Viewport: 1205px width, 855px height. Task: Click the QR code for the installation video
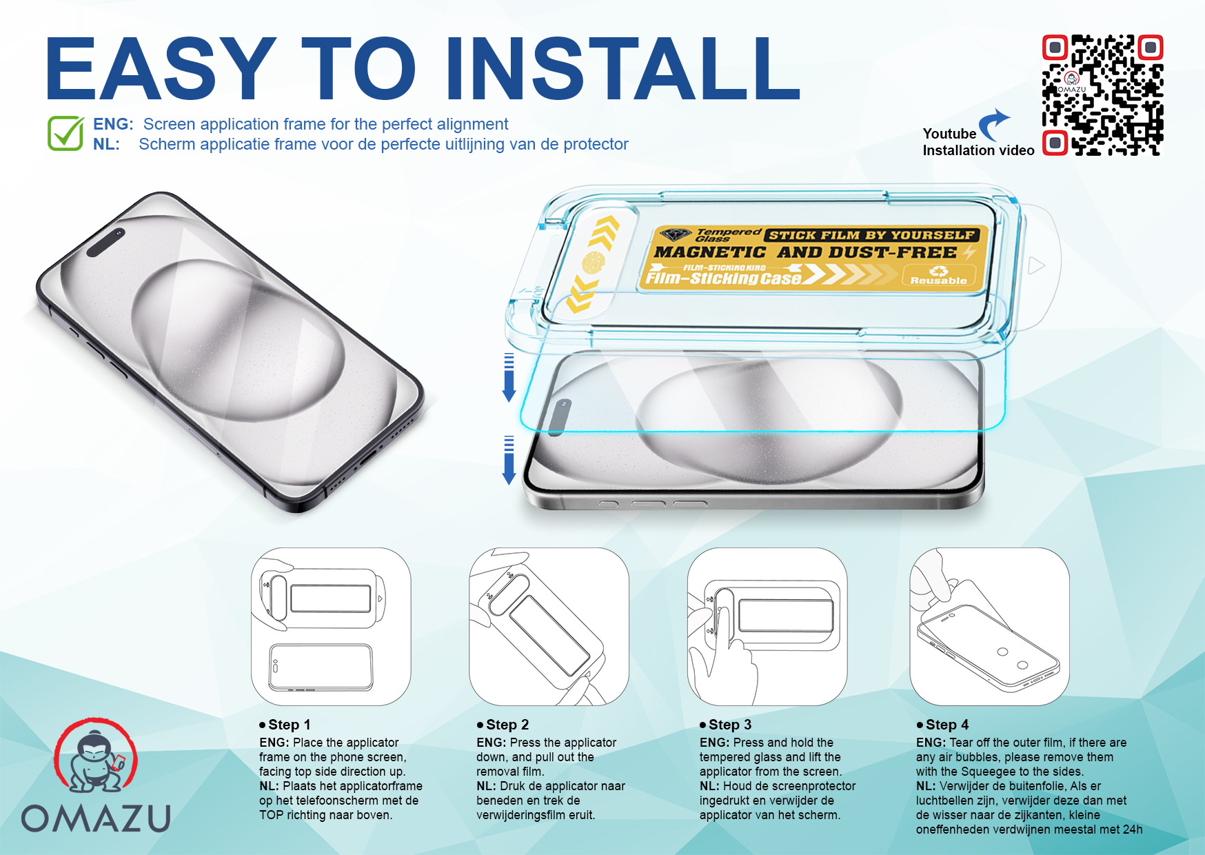point(1102,95)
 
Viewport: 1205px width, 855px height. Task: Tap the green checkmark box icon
point(66,132)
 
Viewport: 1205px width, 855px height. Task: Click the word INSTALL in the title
point(622,68)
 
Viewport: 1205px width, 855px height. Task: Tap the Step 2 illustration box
point(549,626)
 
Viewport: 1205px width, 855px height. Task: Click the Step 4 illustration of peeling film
point(989,626)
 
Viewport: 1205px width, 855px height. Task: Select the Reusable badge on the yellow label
point(938,276)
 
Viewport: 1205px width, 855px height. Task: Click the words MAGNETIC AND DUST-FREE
point(805,252)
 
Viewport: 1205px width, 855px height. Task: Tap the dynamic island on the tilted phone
point(106,242)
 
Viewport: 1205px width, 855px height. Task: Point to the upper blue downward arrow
point(509,377)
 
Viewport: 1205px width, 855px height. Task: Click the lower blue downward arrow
point(509,460)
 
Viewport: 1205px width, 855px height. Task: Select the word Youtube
point(949,134)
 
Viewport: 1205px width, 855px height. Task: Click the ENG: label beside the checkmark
point(113,124)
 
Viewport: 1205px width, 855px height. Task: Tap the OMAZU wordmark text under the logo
point(96,818)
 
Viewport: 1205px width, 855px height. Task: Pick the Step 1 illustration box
point(331,626)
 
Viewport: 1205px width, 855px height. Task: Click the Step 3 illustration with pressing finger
point(767,626)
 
